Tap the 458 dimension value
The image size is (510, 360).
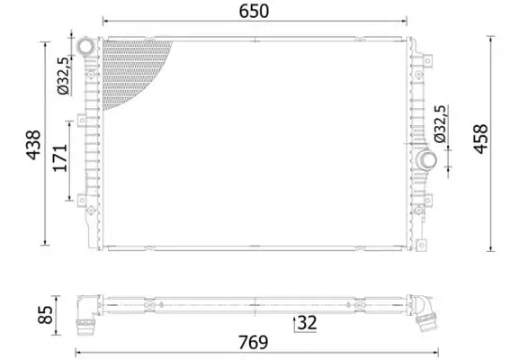[x=480, y=141]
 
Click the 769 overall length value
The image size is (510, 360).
[x=254, y=343]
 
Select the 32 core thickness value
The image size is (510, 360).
[x=306, y=321]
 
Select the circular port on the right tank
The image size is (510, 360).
[x=426, y=162]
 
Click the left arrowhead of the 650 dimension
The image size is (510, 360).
[x=104, y=21]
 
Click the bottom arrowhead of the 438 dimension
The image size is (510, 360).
[x=45, y=242]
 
